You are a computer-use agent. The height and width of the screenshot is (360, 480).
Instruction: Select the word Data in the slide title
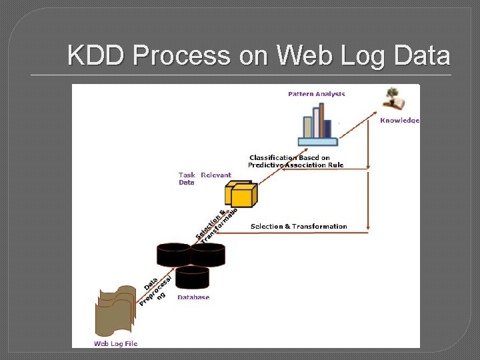pos(421,56)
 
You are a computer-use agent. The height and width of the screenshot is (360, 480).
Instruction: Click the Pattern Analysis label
pos(317,94)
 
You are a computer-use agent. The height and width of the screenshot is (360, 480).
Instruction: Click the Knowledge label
pos(399,121)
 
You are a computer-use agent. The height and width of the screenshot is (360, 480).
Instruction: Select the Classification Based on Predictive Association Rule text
pos(295,161)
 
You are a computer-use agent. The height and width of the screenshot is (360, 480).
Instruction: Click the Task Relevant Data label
pos(204,178)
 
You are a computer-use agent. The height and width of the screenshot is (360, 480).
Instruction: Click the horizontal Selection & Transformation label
pos(299,227)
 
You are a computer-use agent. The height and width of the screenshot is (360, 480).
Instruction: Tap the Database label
pos(193,297)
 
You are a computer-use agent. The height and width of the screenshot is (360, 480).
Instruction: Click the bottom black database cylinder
pos(193,277)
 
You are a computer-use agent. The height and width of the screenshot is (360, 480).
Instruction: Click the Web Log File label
pos(115,343)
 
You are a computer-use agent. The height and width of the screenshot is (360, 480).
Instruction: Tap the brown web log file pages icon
pos(115,311)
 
